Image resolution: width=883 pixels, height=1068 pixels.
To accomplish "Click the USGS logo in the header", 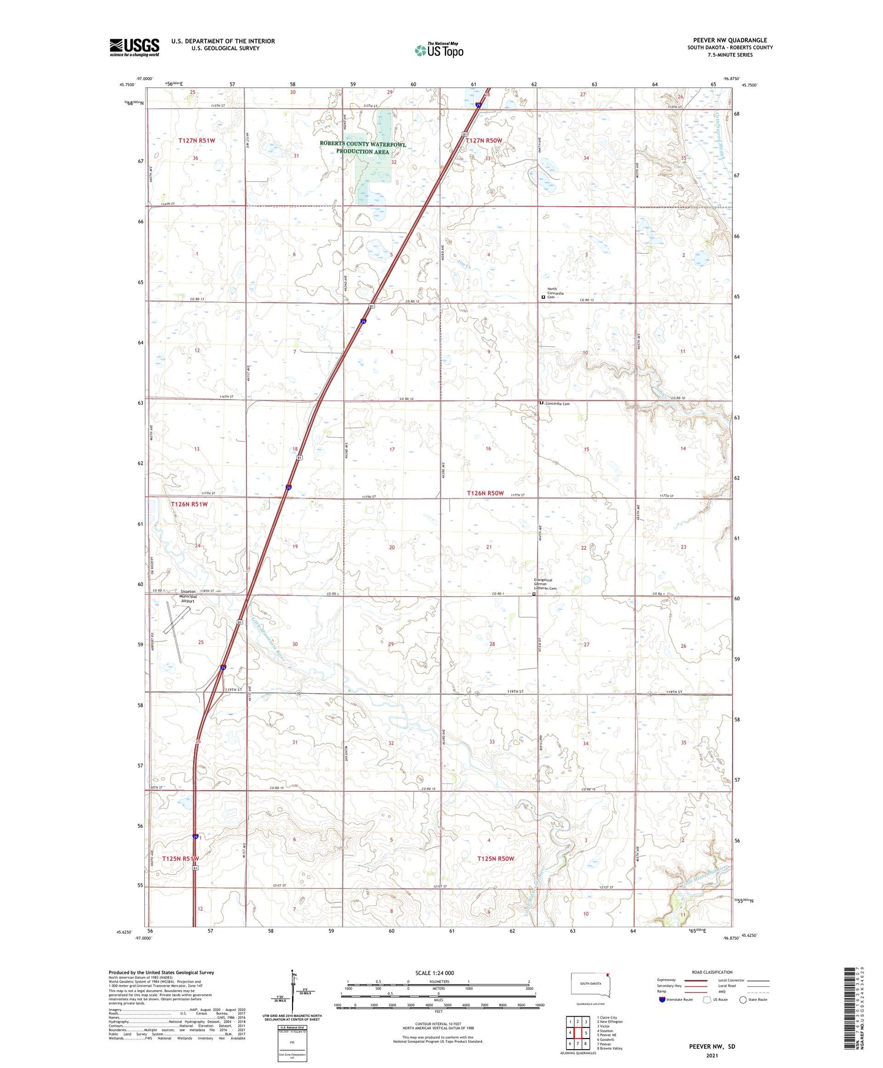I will tap(134, 47).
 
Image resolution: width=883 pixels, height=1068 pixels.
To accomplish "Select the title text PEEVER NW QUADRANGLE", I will tap(730, 41).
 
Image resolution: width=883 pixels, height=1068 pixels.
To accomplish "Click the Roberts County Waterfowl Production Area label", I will tap(363, 148).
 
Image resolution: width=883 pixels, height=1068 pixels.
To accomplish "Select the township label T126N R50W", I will tap(485, 493).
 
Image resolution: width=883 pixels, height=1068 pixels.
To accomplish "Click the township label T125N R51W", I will tap(181, 858).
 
